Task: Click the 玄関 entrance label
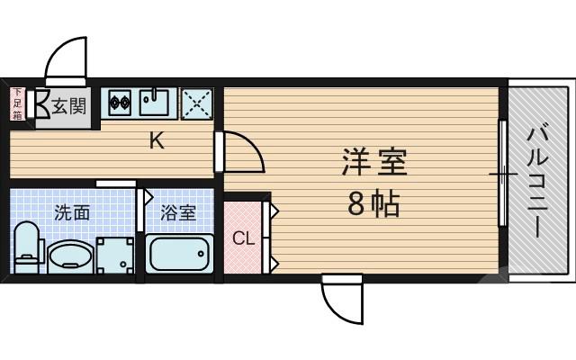[67, 106]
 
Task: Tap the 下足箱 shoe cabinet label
[17, 103]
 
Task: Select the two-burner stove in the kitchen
[121, 103]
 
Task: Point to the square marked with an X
[198, 103]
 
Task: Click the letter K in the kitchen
[156, 140]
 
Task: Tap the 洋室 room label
[374, 165]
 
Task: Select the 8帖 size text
[374, 206]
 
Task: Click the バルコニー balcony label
[540, 180]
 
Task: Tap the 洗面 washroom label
[72, 213]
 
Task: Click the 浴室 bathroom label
[178, 213]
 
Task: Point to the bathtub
[179, 255]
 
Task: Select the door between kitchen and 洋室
[239, 151]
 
